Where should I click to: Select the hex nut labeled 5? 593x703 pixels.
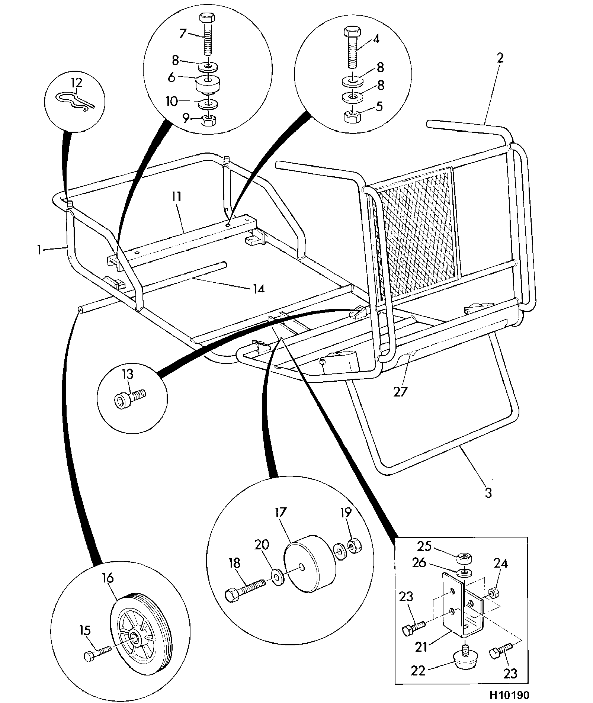(x=352, y=117)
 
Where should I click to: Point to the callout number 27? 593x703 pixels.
(x=400, y=392)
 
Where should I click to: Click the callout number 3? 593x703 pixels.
(x=488, y=493)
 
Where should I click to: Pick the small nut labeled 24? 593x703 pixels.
(x=493, y=592)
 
